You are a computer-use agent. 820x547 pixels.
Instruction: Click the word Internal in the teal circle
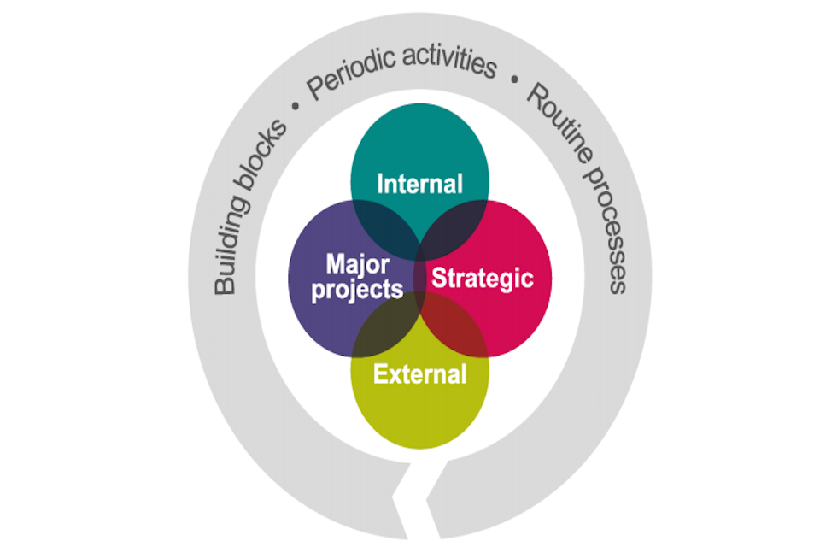(419, 184)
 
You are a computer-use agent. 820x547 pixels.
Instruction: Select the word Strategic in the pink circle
(482, 278)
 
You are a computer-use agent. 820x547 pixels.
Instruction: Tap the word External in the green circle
(420, 373)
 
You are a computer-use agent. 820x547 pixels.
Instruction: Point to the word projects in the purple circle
(357, 289)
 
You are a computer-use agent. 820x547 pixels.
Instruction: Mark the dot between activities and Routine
(513, 79)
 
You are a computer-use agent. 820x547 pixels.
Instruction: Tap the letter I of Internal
(380, 184)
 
